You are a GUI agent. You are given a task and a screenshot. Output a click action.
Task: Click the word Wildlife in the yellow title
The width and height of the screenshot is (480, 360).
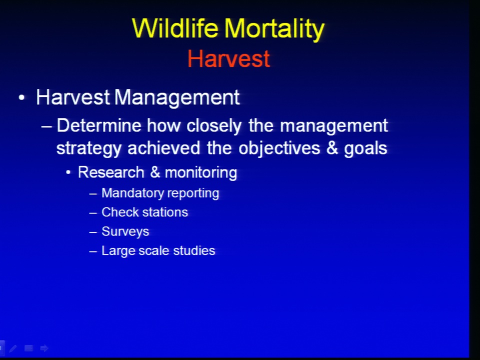pyautogui.click(x=175, y=28)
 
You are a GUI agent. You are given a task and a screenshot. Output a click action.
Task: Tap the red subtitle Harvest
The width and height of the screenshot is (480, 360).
pyautogui.click(x=228, y=58)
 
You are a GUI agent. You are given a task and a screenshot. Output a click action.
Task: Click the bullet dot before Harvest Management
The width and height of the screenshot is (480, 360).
pyautogui.click(x=21, y=98)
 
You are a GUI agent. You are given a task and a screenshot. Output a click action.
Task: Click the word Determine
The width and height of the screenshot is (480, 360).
pyautogui.click(x=99, y=125)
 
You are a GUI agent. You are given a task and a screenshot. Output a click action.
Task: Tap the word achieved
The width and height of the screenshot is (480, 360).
pyautogui.click(x=164, y=148)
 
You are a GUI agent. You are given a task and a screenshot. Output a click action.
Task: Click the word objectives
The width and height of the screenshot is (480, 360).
pyautogui.click(x=279, y=149)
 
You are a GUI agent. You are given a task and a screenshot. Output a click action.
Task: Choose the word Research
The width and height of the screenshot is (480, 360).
pyautogui.click(x=111, y=172)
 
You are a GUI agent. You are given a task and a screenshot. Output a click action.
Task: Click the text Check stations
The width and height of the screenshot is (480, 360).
pyautogui.click(x=145, y=212)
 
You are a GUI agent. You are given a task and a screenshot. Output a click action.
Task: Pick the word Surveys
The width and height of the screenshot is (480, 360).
pyautogui.click(x=125, y=231)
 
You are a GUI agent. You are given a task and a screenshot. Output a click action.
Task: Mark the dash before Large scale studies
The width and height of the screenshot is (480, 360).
pyautogui.click(x=93, y=251)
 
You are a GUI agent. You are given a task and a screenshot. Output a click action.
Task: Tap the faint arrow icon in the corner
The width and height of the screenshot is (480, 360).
pyautogui.click(x=44, y=348)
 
